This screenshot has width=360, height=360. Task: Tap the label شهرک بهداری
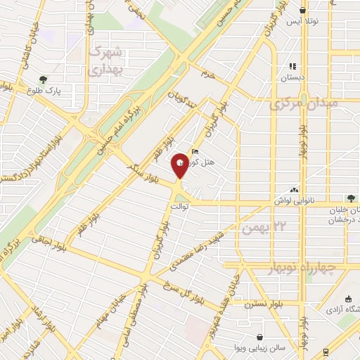pos(107,60)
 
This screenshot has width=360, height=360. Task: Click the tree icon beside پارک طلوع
pos(44,79)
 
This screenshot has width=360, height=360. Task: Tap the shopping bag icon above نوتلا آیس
pos(303,11)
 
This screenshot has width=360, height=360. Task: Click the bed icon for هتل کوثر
pos(195,150)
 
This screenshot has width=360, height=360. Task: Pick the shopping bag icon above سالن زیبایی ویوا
pos(261,337)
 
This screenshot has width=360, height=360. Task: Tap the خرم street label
pos(207,73)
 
